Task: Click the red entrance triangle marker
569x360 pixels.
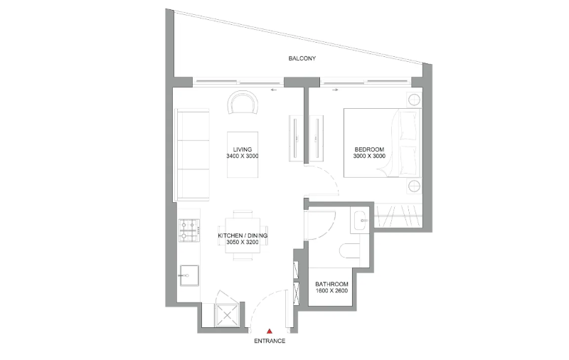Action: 270,331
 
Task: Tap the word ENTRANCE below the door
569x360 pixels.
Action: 270,341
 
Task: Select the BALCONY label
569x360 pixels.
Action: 302,58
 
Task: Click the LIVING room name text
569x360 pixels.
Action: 243,149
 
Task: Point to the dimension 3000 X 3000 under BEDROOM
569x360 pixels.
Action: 369,156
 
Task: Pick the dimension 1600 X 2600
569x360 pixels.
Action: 331,291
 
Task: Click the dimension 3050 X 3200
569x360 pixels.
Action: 243,242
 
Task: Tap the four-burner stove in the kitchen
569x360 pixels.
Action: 189,230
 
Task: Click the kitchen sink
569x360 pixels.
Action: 189,275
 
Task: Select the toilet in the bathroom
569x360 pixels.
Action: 350,250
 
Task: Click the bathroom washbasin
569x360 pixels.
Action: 360,220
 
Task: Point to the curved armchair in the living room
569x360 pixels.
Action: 243,102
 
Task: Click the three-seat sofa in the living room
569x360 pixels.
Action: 192,154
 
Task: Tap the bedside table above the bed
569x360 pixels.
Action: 414,100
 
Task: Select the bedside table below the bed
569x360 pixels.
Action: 414,186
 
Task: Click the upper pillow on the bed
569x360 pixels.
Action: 408,125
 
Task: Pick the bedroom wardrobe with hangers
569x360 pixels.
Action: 398,216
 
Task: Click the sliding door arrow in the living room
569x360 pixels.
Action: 274,90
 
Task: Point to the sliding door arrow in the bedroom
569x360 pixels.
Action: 334,90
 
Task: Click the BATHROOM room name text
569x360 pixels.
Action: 331,284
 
